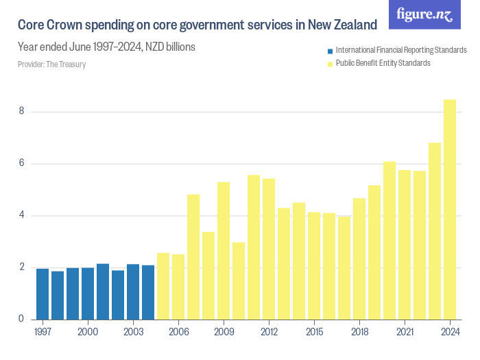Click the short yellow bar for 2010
tap(239, 280)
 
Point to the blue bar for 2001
tap(103, 291)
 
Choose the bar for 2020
tap(389, 240)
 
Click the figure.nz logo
tap(425, 14)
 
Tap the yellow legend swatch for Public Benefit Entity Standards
tap(331, 64)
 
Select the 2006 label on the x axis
tap(178, 332)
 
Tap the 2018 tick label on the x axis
tap(359, 332)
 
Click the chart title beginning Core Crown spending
tap(197, 25)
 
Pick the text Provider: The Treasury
tap(51, 64)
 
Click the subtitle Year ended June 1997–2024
tap(106, 47)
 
